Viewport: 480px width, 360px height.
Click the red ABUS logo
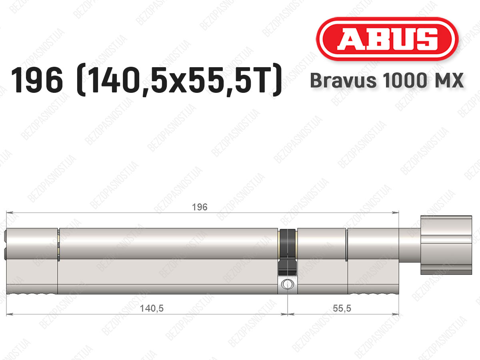tap(387, 39)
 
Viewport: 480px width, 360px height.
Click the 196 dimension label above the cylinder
tap(200, 207)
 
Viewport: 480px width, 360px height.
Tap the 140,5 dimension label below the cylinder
tap(152, 308)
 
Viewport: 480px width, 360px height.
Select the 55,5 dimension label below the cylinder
tap(342, 308)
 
